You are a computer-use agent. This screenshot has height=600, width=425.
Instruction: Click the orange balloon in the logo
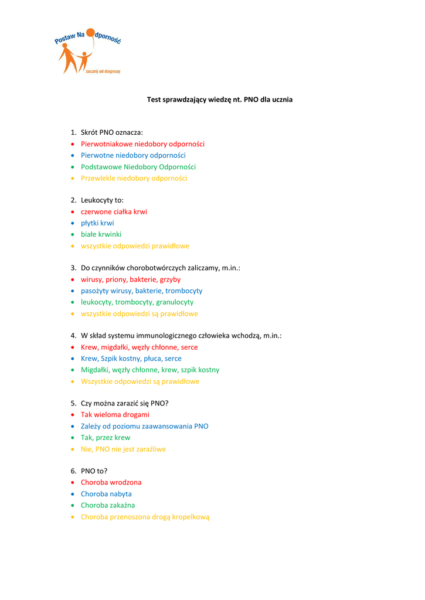(91, 33)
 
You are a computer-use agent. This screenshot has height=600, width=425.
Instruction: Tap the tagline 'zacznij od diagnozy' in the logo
(103, 71)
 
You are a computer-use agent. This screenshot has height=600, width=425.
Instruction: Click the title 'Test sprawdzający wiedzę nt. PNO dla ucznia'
(219, 100)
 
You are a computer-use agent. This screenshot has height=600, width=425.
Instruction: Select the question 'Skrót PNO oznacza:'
(111, 132)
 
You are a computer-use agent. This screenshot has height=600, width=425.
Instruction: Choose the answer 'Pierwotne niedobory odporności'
(133, 155)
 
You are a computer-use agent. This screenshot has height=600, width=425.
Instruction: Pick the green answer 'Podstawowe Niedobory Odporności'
(138, 167)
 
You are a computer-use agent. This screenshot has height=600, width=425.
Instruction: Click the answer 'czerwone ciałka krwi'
(114, 212)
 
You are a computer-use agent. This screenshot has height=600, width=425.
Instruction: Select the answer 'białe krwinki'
(101, 234)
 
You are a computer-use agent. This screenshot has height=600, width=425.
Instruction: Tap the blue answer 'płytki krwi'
(97, 223)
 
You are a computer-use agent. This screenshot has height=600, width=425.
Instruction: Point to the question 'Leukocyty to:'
(102, 200)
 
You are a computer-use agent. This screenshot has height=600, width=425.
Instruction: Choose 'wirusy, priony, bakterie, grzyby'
(131, 279)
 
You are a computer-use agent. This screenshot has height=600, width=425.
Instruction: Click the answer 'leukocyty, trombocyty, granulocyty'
(137, 302)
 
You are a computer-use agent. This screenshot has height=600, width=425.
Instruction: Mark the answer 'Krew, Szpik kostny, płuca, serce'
(131, 359)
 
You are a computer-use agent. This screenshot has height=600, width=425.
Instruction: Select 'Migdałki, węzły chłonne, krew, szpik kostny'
(150, 370)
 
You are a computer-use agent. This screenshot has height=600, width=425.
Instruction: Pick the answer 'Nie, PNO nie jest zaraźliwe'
(123, 449)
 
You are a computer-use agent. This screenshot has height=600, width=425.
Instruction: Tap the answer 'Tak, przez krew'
(106, 438)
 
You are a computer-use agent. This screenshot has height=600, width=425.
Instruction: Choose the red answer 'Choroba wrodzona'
(111, 482)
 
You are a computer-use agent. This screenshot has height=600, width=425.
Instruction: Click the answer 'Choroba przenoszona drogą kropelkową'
(145, 517)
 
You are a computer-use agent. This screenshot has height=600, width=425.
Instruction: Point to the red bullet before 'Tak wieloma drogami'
(73, 415)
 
